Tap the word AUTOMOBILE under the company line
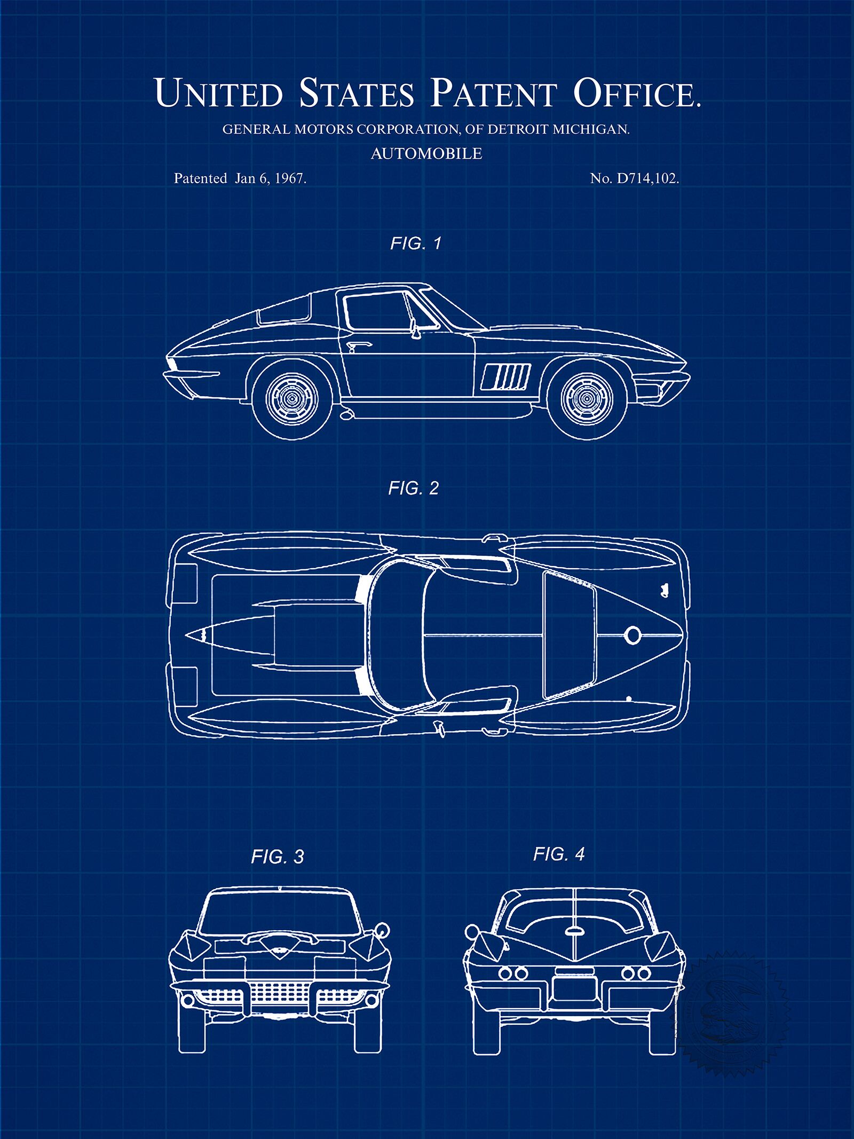[x=426, y=154]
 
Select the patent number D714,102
[x=647, y=179]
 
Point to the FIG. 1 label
[x=416, y=243]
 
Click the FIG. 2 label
[x=414, y=488]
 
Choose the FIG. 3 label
[x=278, y=857]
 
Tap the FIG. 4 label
[x=559, y=854]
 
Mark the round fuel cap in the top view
[x=632, y=634]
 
